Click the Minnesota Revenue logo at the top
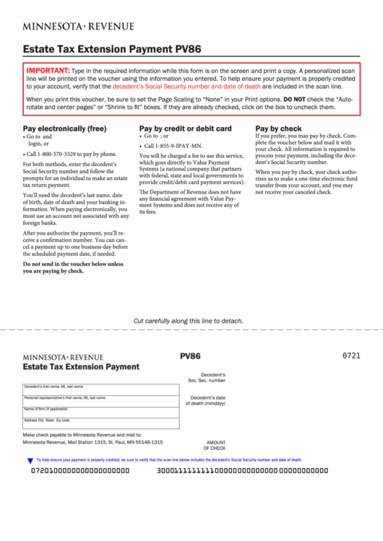[78, 27]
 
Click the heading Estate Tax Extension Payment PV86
[112, 50]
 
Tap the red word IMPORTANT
[48, 71]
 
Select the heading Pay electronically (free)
[64, 129]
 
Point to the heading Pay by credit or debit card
[185, 129]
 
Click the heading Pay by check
[278, 129]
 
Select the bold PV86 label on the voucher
[190, 356]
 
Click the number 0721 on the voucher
[350, 356]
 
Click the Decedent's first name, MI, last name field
[100, 390]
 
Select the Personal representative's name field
[100, 402]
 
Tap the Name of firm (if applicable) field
[100, 412]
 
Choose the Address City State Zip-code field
[100, 424]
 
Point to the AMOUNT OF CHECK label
[215, 445]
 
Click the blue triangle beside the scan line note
[30, 460]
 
